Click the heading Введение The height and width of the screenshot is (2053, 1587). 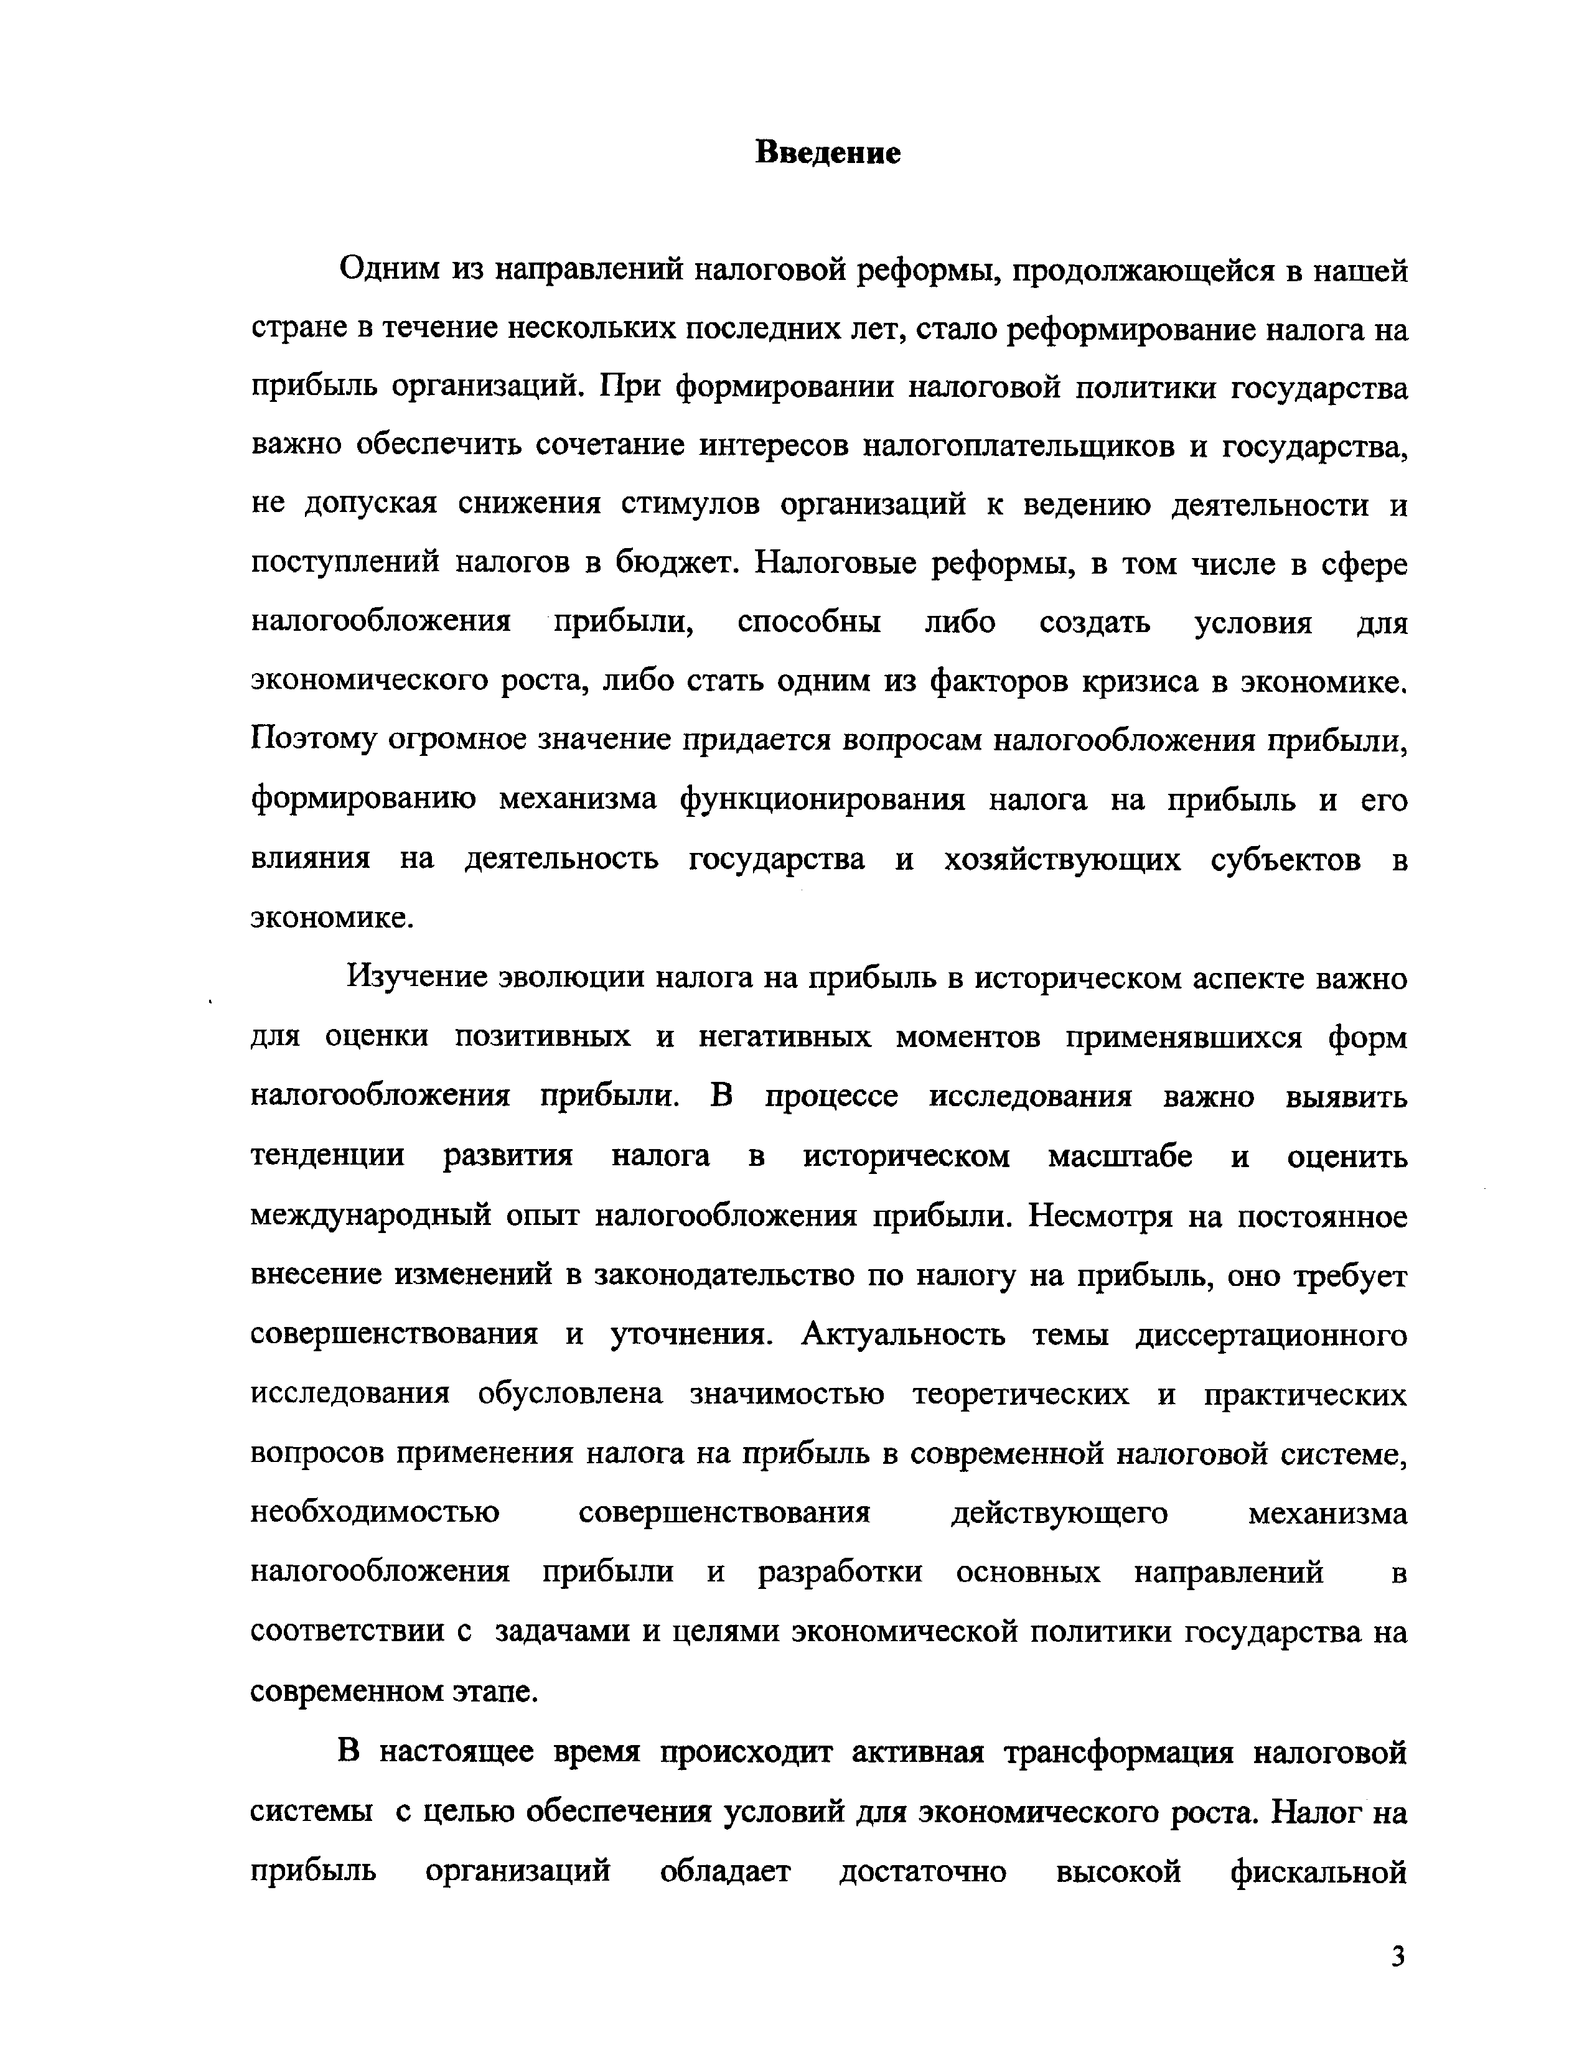[827, 153]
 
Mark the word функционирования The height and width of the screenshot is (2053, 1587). [822, 800]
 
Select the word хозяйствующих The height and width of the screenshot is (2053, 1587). [1062, 859]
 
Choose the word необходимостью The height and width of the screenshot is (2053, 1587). [375, 1512]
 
